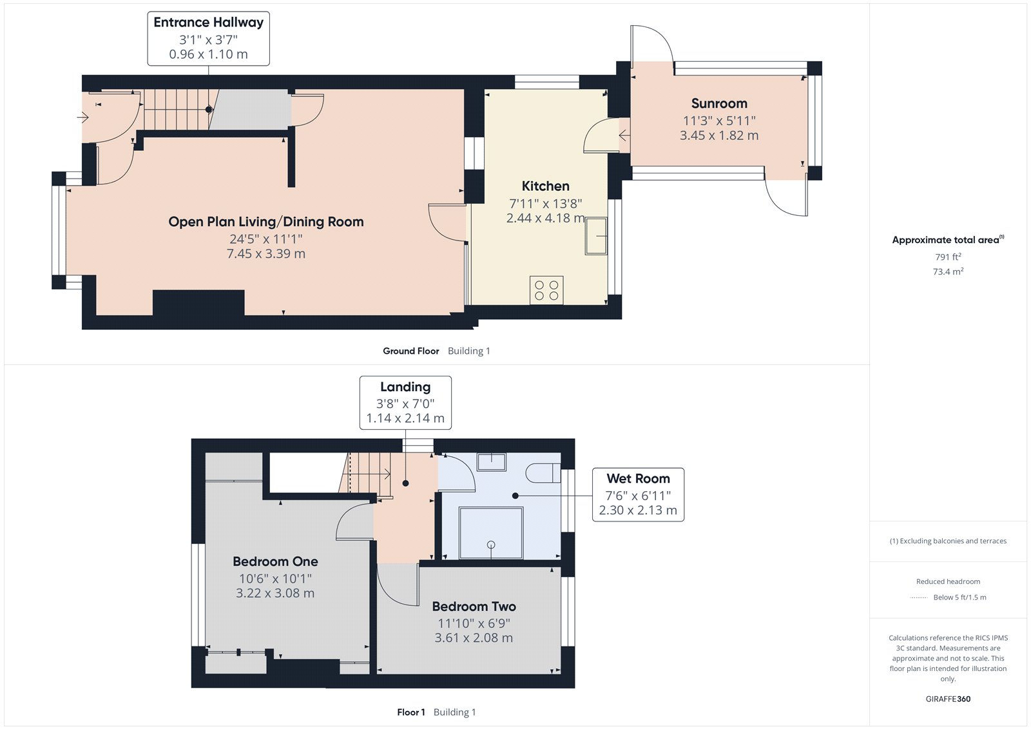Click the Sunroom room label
(x=719, y=104)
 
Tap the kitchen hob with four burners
(x=546, y=290)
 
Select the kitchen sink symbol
(x=596, y=236)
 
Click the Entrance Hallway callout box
(x=208, y=38)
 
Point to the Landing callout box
(x=405, y=403)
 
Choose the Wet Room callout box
(x=638, y=494)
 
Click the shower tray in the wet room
(x=490, y=533)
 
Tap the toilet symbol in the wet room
(x=543, y=473)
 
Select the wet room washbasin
(x=491, y=462)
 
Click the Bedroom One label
(x=275, y=561)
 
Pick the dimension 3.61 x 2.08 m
(x=474, y=638)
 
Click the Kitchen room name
(x=545, y=186)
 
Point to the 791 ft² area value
(x=948, y=257)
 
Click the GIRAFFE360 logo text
(x=948, y=699)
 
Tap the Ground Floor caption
(x=410, y=351)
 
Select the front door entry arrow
(x=82, y=117)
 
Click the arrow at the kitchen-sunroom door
(x=624, y=135)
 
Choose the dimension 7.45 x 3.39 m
(x=265, y=254)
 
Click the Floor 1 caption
(x=410, y=712)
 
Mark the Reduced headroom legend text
(x=948, y=581)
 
